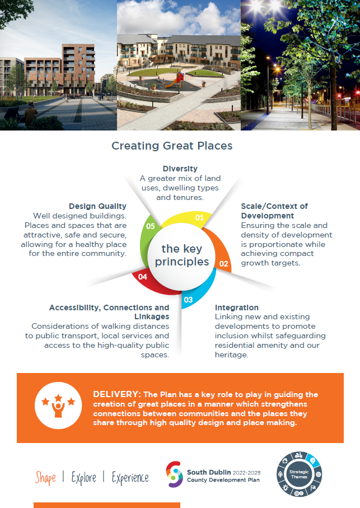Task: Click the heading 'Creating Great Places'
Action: [x=172, y=146]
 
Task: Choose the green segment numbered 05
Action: [x=146, y=236]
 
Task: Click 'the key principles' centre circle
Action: [x=181, y=255]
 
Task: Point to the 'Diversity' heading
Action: [x=180, y=169]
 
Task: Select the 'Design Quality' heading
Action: [x=97, y=206]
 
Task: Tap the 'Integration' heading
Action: [x=237, y=307]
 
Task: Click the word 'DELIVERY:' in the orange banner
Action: [x=117, y=394]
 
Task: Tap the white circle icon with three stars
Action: [x=58, y=406]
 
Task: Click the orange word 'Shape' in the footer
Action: [x=45, y=478]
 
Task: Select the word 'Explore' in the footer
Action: [x=84, y=478]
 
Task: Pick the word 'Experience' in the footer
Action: [x=130, y=478]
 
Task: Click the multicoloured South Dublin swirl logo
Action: [x=174, y=474]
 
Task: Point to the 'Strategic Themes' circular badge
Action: [x=299, y=474]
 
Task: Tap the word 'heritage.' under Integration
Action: [x=231, y=355]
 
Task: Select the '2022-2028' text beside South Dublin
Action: [x=247, y=473]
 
